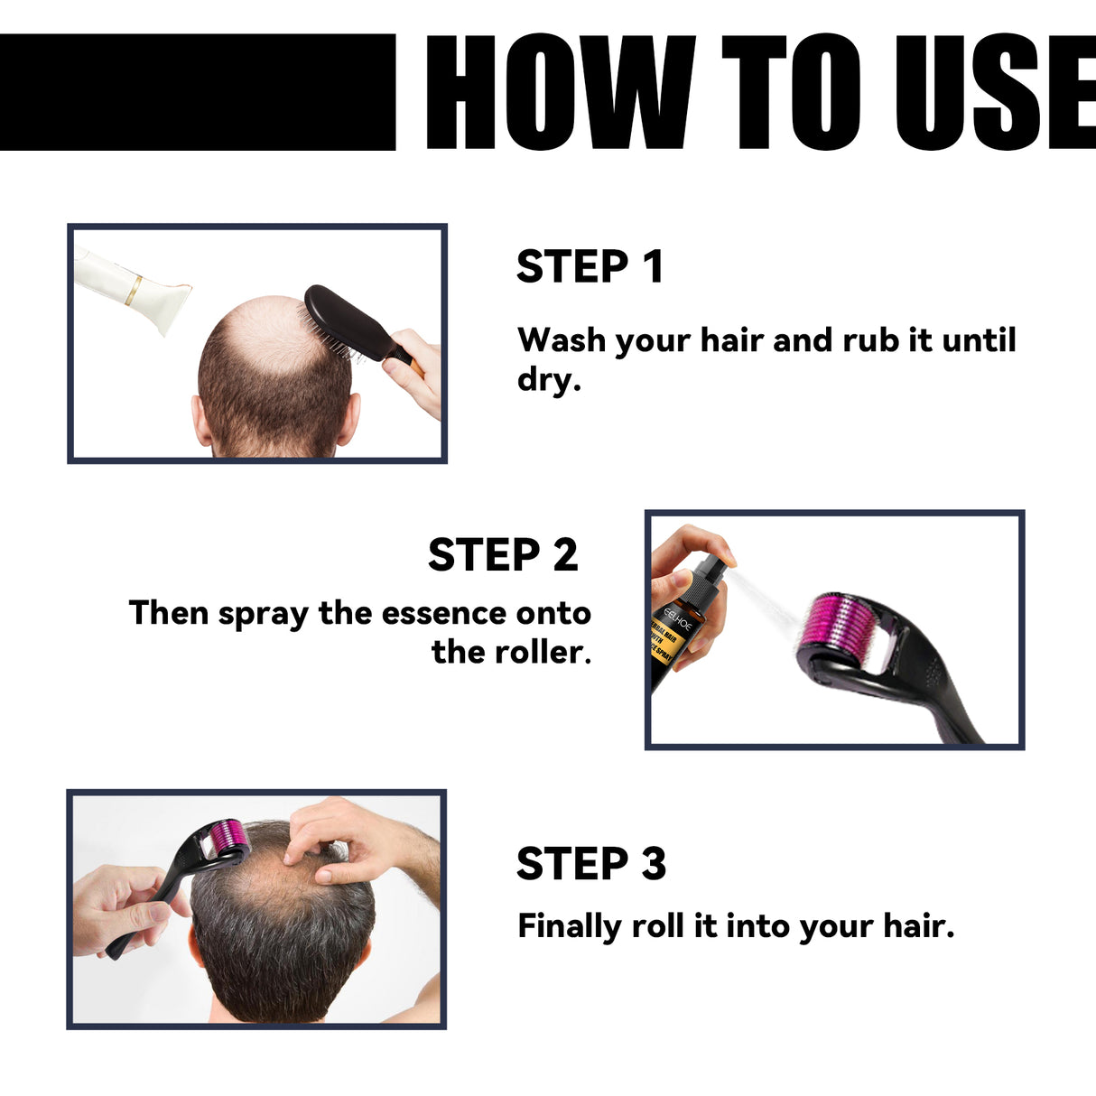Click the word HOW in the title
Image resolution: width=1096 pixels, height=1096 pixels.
coord(560,92)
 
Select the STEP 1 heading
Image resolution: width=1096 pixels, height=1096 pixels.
coord(590,267)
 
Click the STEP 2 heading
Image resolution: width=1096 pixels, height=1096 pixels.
coord(502,555)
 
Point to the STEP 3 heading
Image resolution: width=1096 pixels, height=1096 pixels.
coord(590,864)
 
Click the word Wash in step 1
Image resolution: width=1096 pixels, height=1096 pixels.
coord(562,340)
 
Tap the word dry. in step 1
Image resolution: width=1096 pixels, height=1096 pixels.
coord(548,379)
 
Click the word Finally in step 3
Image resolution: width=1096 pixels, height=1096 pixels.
coord(569,926)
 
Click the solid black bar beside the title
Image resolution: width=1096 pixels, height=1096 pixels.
coord(197,92)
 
